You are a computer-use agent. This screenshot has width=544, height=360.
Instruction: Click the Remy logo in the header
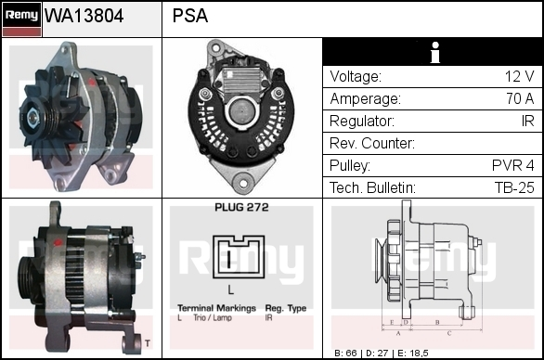pyautogui.click(x=21, y=19)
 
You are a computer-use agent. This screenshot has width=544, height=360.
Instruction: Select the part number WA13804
pyautogui.click(x=84, y=16)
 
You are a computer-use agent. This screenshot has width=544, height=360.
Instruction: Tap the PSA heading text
pyautogui.click(x=190, y=16)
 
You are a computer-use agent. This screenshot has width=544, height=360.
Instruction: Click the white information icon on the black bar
pyautogui.click(x=435, y=52)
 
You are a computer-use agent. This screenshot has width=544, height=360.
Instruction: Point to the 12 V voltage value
pyautogui.click(x=519, y=76)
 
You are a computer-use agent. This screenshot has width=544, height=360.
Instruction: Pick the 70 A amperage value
pyautogui.click(x=520, y=98)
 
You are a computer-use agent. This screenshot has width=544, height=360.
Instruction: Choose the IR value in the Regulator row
pyautogui.click(x=527, y=121)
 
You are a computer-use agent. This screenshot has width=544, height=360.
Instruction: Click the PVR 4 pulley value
pyautogui.click(x=513, y=165)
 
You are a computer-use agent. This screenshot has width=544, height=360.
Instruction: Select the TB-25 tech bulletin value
pyautogui.click(x=514, y=187)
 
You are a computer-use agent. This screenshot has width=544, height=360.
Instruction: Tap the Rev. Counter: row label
pyautogui.click(x=372, y=143)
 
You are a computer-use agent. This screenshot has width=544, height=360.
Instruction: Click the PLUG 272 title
pyautogui.click(x=241, y=208)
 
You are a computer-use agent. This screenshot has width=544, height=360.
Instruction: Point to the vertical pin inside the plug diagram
pyautogui.click(x=229, y=259)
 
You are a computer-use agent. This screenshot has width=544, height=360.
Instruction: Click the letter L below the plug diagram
pyautogui.click(x=231, y=289)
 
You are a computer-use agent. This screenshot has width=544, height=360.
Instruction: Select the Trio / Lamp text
pyautogui.click(x=213, y=317)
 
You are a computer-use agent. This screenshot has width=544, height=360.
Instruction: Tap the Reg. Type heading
pyautogui.click(x=286, y=308)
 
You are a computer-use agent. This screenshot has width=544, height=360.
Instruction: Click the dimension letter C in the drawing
pyautogui.click(x=449, y=333)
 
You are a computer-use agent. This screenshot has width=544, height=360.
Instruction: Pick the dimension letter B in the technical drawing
pyautogui.click(x=437, y=322)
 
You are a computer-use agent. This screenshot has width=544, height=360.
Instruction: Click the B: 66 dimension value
pyautogui.click(x=346, y=354)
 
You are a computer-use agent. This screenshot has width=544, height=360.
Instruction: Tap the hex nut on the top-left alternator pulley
pyautogui.click(x=32, y=118)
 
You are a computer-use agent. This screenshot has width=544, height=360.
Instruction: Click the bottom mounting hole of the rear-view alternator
pyautogui.click(x=243, y=184)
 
